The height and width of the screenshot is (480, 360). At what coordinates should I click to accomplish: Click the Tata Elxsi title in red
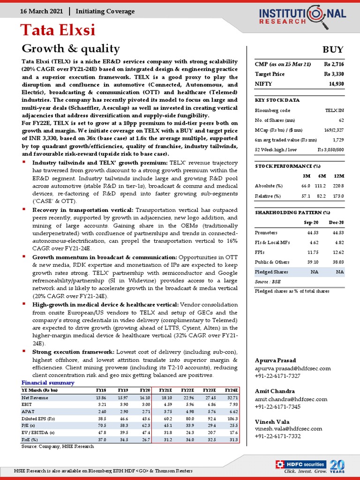point(58,30)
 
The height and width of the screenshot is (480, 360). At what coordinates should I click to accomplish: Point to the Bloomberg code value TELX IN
point(334,110)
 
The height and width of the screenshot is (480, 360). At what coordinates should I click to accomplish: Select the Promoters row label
point(266,232)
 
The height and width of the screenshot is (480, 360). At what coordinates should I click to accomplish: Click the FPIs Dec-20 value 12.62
point(336,252)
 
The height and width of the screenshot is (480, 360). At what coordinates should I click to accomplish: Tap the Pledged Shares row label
point(271,272)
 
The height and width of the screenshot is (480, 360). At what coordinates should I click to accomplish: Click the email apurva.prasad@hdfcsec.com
point(293,369)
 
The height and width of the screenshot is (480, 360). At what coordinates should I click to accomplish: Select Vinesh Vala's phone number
point(277,436)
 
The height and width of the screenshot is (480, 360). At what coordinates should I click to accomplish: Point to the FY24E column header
point(230,390)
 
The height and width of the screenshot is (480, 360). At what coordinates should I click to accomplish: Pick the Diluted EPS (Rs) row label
point(38,418)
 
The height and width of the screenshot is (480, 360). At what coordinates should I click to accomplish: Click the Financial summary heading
point(48,383)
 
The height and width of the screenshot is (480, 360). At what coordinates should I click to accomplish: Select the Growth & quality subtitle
point(71,49)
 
